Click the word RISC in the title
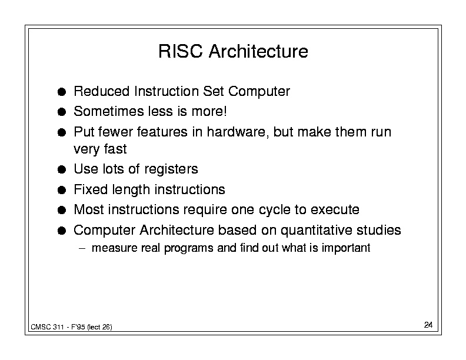181,51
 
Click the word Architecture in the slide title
258,51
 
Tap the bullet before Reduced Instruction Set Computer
62,92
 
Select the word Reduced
102,91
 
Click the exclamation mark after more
225,111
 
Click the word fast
115,149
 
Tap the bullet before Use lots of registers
62,169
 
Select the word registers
171,169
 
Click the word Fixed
91,189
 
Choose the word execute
335,209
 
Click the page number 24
428,325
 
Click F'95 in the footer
78,327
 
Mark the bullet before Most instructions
62,211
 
